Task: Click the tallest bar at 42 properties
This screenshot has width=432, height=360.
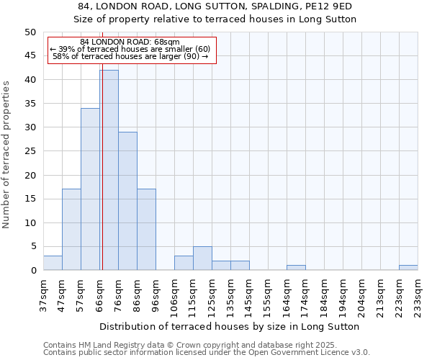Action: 109,170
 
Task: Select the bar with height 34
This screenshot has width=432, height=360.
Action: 90,189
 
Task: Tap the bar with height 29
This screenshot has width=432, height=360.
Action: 127,201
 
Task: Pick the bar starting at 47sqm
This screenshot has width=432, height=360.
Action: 71,230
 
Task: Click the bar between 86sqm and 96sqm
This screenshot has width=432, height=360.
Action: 146,230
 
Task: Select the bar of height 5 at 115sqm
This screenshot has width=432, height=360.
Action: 202,258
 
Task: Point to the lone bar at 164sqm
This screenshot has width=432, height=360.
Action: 296,268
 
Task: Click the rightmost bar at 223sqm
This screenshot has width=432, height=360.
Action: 408,268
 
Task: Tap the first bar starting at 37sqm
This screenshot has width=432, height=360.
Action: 53,263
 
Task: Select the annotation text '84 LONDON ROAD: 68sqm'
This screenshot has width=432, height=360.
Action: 130,42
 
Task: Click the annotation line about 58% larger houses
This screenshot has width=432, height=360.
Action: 130,56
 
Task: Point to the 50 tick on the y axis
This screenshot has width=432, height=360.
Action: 30,32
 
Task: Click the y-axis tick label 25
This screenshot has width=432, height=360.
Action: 30,151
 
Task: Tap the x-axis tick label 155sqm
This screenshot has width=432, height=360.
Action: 268,296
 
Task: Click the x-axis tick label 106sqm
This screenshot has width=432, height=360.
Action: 174,296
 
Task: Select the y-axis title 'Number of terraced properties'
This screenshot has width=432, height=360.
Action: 6,155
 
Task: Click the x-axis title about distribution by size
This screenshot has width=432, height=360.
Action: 229,326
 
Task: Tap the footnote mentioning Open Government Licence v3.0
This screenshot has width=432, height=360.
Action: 207,353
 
